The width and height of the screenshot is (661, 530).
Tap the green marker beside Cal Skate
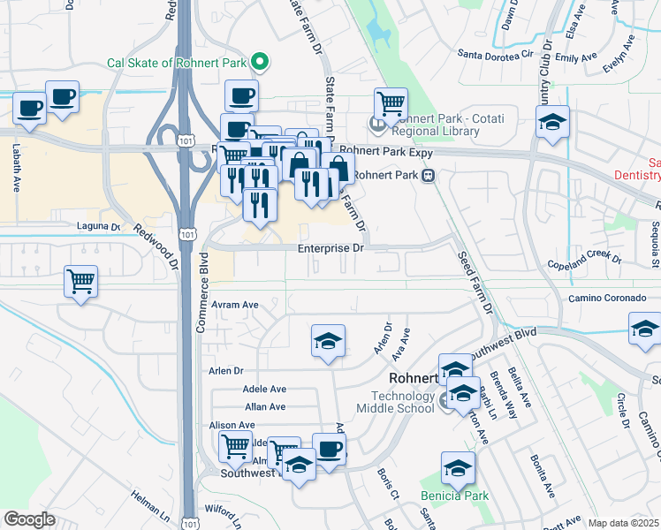[x=259, y=63]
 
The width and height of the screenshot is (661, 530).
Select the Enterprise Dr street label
[x=330, y=249]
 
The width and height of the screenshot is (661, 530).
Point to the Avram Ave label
[x=234, y=305]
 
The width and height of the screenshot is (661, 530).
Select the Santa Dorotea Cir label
[x=497, y=54]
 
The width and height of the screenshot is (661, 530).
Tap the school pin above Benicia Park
[x=458, y=467]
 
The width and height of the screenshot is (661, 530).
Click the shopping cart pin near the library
[x=391, y=103]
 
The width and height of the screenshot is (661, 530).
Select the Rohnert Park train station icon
[x=428, y=175]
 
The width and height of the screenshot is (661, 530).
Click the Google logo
[x=29, y=519]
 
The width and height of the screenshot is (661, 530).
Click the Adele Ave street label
[x=265, y=389]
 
